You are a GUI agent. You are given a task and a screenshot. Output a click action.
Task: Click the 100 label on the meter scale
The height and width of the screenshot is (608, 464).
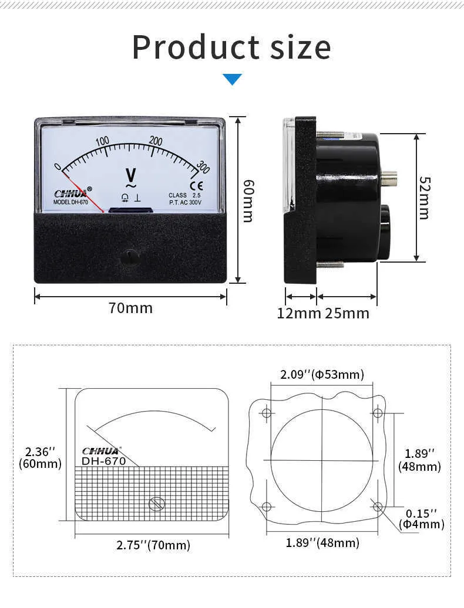(x=102, y=141)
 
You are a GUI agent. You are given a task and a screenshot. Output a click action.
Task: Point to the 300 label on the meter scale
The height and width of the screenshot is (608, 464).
(x=203, y=167)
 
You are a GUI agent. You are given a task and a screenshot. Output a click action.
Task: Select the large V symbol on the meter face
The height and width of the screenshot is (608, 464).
(x=131, y=175)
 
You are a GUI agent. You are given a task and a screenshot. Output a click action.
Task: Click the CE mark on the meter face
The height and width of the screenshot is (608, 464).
(x=201, y=187)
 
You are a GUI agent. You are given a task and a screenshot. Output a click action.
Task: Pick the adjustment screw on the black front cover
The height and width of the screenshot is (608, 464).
(x=130, y=256)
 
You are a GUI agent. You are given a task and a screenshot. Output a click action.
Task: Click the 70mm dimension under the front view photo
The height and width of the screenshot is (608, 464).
(x=130, y=308)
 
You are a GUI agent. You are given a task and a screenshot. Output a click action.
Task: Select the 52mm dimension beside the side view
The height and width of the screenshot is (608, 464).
(x=424, y=198)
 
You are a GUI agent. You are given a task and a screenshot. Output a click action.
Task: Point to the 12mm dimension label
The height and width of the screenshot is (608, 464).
(x=299, y=313)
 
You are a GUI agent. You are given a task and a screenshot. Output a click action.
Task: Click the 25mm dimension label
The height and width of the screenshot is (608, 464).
(x=347, y=313)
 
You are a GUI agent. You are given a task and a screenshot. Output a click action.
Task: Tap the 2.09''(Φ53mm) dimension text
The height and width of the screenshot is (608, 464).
(x=321, y=374)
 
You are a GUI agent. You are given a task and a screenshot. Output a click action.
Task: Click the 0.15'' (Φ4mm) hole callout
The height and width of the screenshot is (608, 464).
(x=421, y=518)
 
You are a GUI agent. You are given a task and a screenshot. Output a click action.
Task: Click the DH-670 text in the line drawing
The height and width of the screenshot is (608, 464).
(x=103, y=461)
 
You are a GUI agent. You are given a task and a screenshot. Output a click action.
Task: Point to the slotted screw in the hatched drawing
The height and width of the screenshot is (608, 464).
(x=156, y=504)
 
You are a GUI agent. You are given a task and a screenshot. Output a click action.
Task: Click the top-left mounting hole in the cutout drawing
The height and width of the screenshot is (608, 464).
(x=267, y=413)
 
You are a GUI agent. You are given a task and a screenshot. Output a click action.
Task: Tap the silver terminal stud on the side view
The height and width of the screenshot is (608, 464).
(x=389, y=178)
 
